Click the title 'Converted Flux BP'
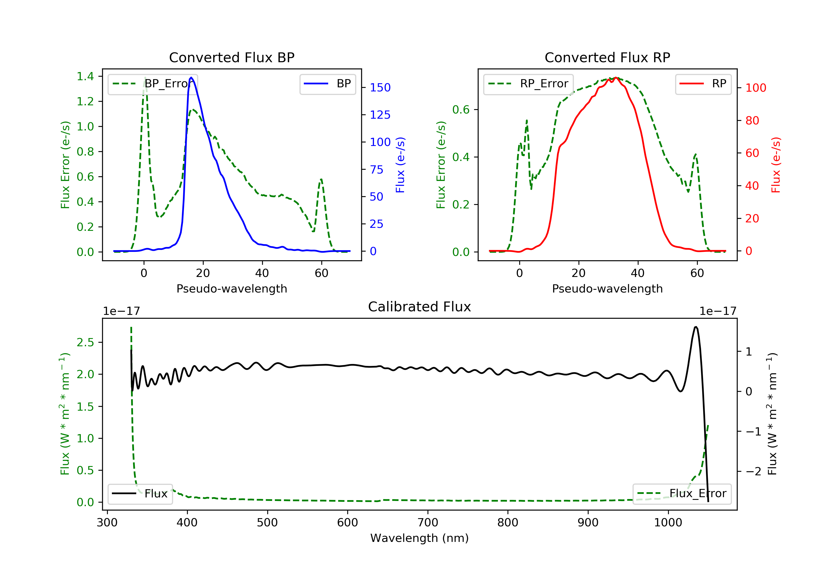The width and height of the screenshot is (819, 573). [x=232, y=57]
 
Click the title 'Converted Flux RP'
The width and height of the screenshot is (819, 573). [x=607, y=57]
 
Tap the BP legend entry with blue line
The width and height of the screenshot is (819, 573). [x=327, y=84]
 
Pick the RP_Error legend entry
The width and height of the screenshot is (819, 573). [x=528, y=84]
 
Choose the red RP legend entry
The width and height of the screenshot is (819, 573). [x=703, y=84]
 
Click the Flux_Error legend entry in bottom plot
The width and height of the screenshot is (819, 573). [x=682, y=494]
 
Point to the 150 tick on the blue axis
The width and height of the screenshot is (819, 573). [x=380, y=87]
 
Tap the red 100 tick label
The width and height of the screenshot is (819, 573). [x=755, y=88]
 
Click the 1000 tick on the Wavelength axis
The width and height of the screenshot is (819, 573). [x=668, y=522]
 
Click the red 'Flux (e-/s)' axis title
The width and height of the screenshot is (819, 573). [x=776, y=165]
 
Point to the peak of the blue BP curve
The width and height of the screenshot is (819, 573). [x=191, y=77]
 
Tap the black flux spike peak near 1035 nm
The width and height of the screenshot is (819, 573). [x=696, y=327]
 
